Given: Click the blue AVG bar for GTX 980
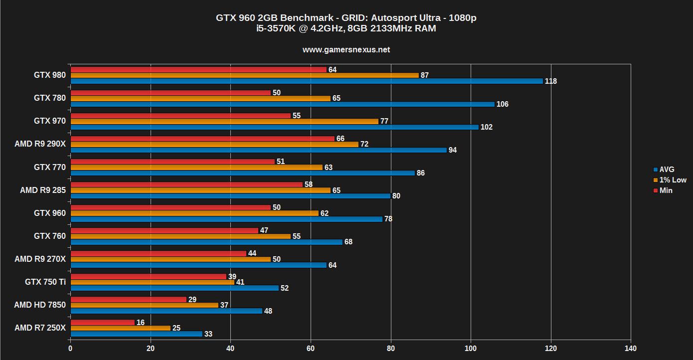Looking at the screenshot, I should click(x=307, y=81).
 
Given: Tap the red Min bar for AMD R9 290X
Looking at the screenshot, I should click(x=202, y=139).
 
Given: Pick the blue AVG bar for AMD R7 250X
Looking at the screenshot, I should click(x=137, y=334).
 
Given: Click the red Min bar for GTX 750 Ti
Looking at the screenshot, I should click(x=149, y=277).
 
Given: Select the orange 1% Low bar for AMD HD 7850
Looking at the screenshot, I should click(x=145, y=305).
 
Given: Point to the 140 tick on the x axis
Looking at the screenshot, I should click(x=631, y=348).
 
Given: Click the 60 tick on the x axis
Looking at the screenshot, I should click(x=311, y=348).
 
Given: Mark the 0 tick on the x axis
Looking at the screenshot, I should click(x=70, y=348).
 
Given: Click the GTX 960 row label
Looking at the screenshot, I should click(x=49, y=213).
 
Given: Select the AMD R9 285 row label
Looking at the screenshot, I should click(x=42, y=190).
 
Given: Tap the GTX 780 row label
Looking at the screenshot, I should click(x=49, y=98).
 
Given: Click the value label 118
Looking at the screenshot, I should click(x=550, y=81).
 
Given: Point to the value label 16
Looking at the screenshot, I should click(x=141, y=323).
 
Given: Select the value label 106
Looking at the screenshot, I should click(x=503, y=104).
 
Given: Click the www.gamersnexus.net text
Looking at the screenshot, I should click(x=346, y=50).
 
